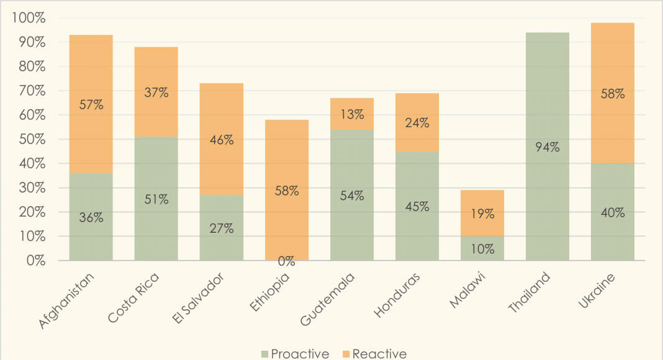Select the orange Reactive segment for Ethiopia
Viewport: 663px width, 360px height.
286,155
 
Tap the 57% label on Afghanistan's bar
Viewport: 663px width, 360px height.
91,105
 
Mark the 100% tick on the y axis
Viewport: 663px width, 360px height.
29,18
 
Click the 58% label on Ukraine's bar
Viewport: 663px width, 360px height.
613,94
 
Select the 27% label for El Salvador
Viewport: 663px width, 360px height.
221,228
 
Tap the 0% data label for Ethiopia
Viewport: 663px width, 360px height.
286,261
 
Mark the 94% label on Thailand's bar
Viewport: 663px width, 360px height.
547,147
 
